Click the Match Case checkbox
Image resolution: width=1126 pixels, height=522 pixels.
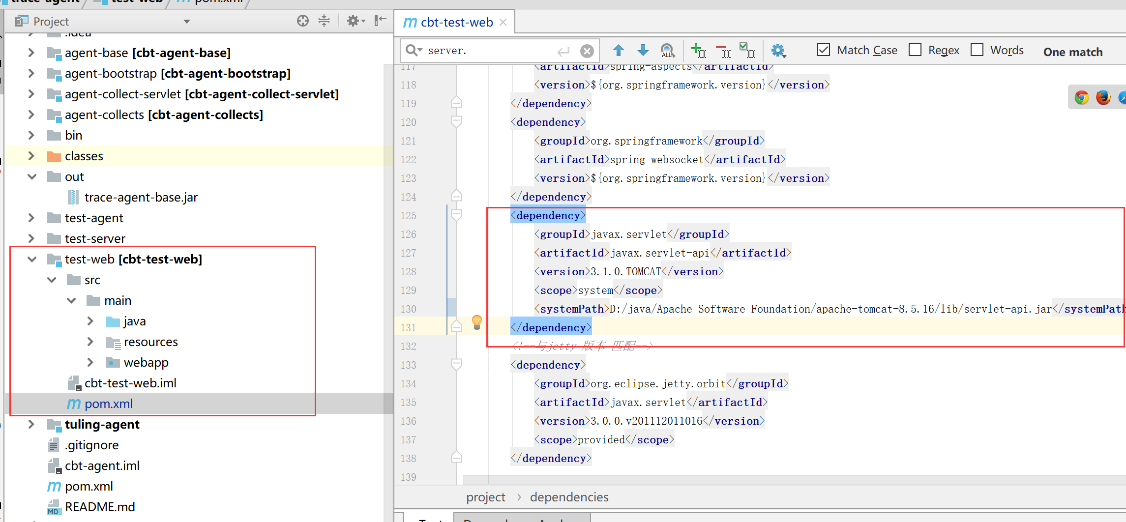tap(823, 50)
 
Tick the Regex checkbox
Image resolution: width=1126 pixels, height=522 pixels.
tap(915, 50)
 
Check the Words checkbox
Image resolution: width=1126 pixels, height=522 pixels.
tap(977, 50)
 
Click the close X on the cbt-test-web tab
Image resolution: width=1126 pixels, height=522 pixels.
tap(503, 22)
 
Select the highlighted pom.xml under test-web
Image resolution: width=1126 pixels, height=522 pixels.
tap(108, 404)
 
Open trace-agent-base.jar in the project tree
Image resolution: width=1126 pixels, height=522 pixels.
tap(141, 198)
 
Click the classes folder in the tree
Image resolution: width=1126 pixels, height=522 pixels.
tap(84, 156)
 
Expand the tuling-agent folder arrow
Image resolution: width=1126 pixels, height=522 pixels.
tap(31, 424)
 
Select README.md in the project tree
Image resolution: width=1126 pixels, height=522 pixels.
tap(99, 507)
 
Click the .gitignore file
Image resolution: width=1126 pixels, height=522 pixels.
tap(91, 445)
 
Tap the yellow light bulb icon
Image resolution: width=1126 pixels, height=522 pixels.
tap(476, 322)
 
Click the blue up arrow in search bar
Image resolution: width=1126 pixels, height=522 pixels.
tap(619, 50)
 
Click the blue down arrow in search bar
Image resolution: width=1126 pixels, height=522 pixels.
tap(643, 50)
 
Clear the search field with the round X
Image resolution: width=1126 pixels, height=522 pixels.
tap(587, 51)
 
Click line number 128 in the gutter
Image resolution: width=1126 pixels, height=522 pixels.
tap(408, 272)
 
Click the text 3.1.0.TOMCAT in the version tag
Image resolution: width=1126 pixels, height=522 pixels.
tap(625, 272)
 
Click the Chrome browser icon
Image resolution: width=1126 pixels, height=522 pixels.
tap(1081, 97)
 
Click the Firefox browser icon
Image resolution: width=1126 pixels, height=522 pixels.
tap(1103, 97)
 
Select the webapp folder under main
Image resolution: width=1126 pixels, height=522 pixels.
tap(146, 363)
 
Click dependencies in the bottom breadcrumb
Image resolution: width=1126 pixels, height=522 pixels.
tap(569, 497)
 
